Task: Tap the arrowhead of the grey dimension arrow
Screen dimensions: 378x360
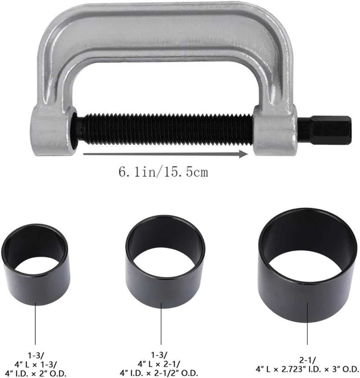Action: pos(244,154)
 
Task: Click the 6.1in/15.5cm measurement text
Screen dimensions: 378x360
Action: pos(163,172)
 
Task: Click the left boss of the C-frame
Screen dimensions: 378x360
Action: pos(51,132)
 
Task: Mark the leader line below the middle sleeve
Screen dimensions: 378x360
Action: pos(161,326)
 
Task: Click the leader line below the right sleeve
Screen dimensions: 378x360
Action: pos(307,330)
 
